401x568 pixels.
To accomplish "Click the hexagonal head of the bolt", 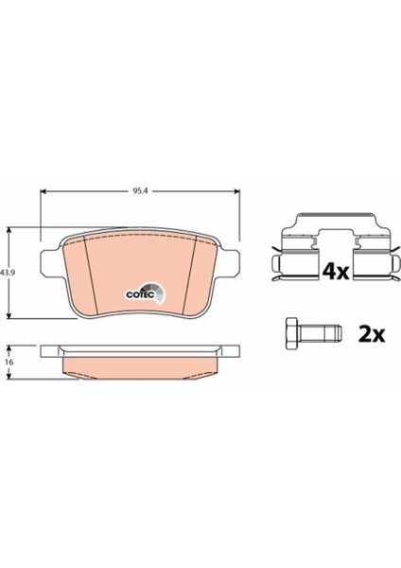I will click(292, 332).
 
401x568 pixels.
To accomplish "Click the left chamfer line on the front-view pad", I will click(86, 275).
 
